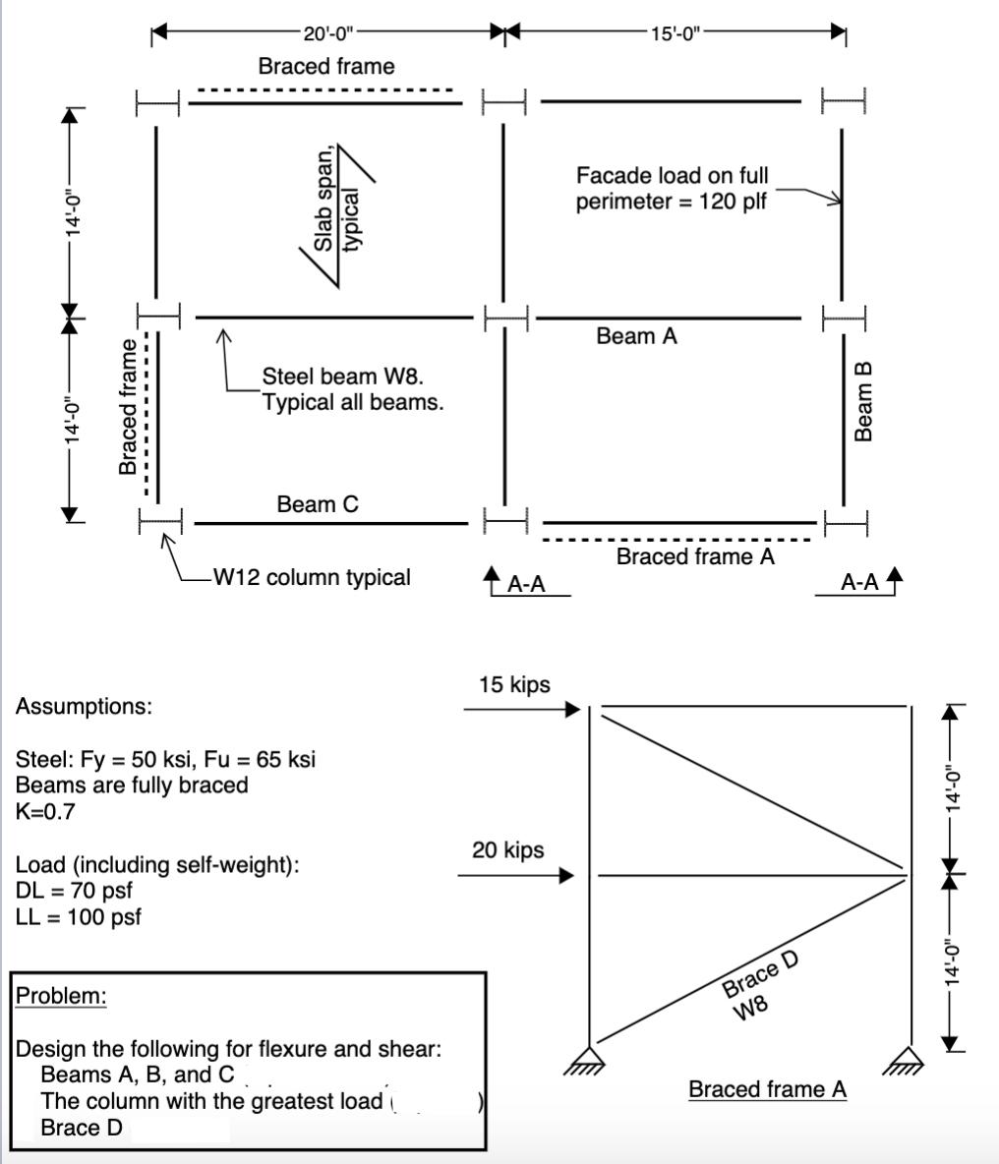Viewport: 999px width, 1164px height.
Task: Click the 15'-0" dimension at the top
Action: click(x=675, y=33)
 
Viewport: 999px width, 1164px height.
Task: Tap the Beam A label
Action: click(x=636, y=336)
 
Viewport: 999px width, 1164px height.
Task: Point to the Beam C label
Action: click(x=318, y=504)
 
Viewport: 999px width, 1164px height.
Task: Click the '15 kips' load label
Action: click(x=514, y=684)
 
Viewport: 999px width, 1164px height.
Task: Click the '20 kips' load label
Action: click(x=507, y=849)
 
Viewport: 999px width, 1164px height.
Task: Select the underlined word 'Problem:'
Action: click(x=61, y=996)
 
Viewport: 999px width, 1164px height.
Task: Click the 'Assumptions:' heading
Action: click(x=84, y=706)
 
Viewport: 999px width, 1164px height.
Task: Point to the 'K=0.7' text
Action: click(x=45, y=811)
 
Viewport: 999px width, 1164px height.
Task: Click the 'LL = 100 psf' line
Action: click(x=79, y=917)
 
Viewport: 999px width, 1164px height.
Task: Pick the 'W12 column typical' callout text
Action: click(x=312, y=577)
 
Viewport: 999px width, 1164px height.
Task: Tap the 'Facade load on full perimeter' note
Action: click(x=672, y=189)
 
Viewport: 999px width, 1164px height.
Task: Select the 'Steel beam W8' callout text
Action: click(x=352, y=388)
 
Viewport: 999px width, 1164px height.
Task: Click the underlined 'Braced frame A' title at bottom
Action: click(x=767, y=1089)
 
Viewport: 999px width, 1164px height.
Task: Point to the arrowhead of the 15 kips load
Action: click(x=573, y=708)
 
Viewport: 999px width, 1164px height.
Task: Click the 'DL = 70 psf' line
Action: click(x=74, y=891)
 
